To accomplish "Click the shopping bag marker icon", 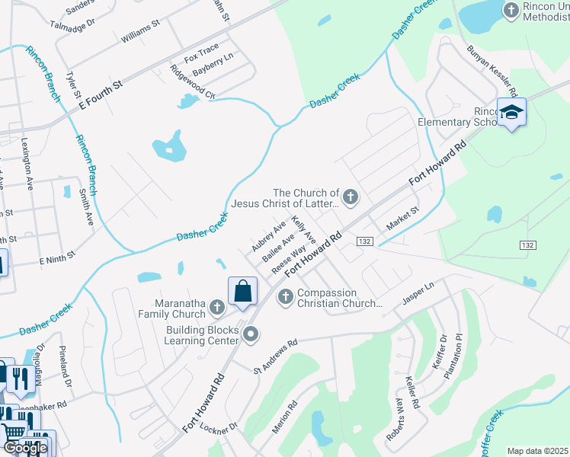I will [x=242, y=291].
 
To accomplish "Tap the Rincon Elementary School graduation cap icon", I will [x=511, y=113].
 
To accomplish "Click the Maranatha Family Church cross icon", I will [x=217, y=308].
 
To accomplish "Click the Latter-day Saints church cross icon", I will [x=351, y=198].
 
